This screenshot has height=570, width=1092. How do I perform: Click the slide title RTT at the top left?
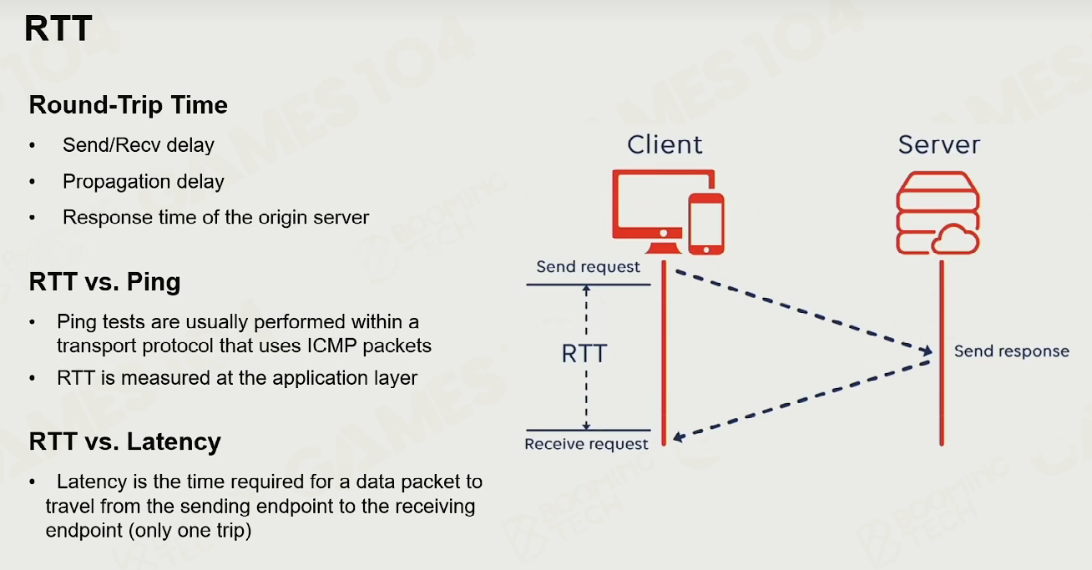[58, 28]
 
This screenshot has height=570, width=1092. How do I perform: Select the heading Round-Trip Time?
[129, 105]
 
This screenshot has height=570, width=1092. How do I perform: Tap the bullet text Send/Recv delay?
[139, 145]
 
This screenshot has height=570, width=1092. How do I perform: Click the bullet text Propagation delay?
[144, 182]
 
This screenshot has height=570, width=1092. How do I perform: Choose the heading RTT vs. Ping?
[105, 281]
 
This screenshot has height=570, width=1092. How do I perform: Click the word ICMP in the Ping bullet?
[332, 346]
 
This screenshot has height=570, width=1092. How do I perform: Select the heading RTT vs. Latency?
[124, 441]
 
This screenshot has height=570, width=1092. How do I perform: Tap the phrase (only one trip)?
[190, 531]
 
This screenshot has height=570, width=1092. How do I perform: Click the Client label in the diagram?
[665, 144]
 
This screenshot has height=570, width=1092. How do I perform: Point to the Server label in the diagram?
[939, 144]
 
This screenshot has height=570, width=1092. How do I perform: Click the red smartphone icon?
[706, 224]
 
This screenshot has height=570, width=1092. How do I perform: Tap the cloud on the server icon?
[954, 240]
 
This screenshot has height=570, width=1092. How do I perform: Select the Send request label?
[588, 267]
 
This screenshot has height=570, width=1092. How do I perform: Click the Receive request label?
[586, 444]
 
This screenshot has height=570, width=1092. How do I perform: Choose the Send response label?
[1012, 351]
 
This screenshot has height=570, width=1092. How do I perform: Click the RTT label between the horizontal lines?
[584, 354]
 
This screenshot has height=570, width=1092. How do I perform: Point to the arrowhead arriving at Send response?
[926, 351]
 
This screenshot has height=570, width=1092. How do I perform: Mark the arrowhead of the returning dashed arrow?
[679, 436]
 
